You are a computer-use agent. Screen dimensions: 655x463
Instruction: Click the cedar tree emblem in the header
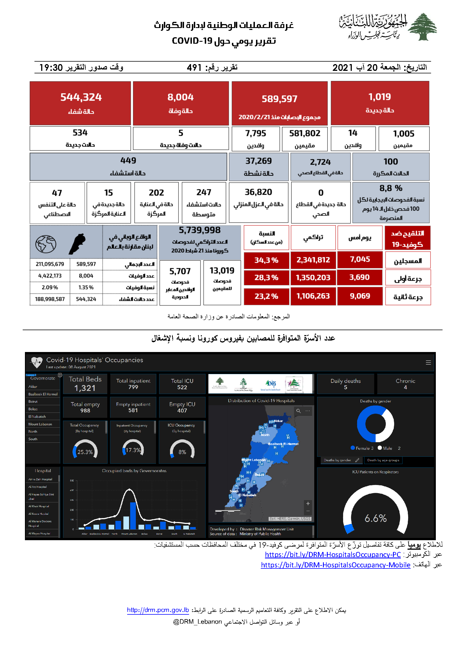click(422, 27)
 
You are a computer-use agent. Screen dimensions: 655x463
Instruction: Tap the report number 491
click(194, 67)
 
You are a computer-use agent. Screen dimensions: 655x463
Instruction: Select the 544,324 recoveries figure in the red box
click(81, 97)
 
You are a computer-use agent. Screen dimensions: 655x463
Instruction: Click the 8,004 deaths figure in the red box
click(180, 97)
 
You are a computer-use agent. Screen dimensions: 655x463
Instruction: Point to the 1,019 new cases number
click(380, 97)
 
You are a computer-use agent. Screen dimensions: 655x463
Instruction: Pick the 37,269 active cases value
click(259, 161)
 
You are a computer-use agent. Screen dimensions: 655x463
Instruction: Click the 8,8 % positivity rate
click(390, 188)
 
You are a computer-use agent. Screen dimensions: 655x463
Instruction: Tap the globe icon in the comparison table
click(46, 244)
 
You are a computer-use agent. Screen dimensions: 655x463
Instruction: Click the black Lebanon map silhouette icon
click(77, 244)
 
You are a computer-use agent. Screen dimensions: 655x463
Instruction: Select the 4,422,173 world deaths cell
click(50, 276)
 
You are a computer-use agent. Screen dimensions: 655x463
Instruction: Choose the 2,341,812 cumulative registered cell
click(313, 260)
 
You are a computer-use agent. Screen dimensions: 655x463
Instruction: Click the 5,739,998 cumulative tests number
click(199, 230)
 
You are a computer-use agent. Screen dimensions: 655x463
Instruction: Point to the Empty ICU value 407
click(182, 411)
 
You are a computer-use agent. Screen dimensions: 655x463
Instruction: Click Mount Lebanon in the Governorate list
click(40, 424)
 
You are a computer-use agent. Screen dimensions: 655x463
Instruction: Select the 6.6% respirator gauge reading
click(375, 518)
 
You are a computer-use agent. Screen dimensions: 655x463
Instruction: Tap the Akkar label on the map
click(278, 421)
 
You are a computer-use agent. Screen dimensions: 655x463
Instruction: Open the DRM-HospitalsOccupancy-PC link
click(333, 554)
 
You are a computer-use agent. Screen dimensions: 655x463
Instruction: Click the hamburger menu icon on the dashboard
click(428, 362)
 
